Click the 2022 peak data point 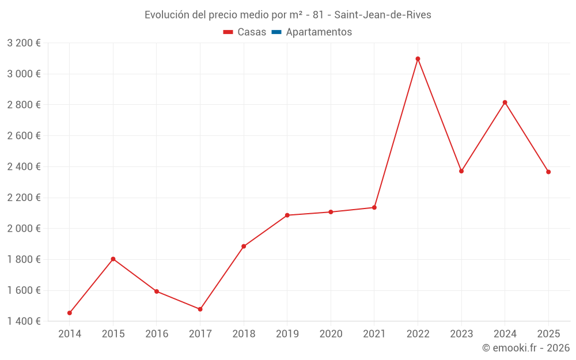418,59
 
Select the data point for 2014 70,313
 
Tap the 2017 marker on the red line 200,309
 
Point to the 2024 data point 505,103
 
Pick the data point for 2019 287,215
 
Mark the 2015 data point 113,259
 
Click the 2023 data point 461,171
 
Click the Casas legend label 252,32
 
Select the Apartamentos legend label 319,32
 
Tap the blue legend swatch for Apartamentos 276,32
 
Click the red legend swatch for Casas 228,32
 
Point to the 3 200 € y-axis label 24,43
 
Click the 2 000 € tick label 24,229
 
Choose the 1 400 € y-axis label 24,321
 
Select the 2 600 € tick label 24,136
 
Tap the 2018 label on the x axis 244,334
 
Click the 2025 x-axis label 548,334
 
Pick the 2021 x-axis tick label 374,334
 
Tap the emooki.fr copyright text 525,348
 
